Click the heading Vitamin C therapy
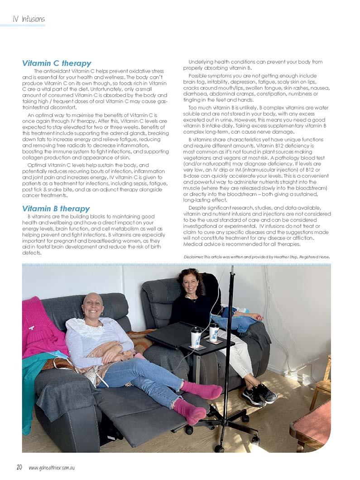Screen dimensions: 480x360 [57, 63]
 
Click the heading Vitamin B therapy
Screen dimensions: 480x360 [56, 208]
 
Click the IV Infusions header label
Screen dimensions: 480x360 [29, 19]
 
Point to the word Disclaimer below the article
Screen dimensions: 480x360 [193, 257]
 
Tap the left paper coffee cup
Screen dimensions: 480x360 [196, 336]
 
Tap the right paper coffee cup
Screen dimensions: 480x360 [214, 331]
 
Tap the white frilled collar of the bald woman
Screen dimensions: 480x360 [91, 328]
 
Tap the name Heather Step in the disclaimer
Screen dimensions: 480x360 [283, 257]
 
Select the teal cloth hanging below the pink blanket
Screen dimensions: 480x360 [30, 385]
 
